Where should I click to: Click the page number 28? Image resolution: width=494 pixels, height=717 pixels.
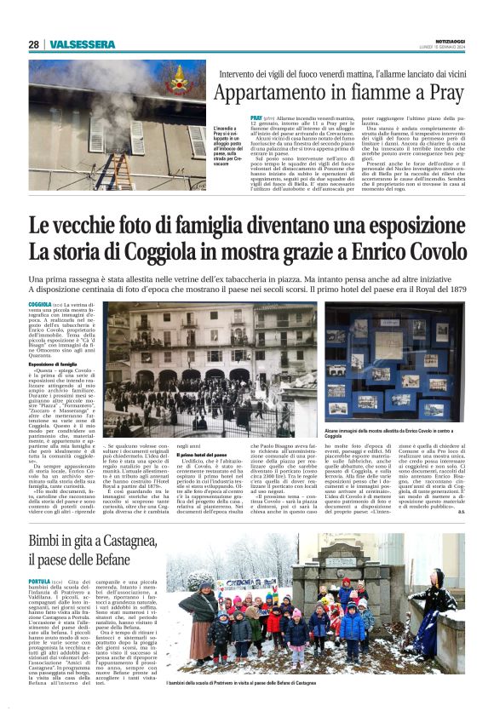(x=33, y=44)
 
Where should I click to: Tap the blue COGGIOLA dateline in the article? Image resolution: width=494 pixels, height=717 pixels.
(x=40, y=304)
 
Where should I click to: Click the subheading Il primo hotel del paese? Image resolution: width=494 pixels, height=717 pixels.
(x=201, y=456)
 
